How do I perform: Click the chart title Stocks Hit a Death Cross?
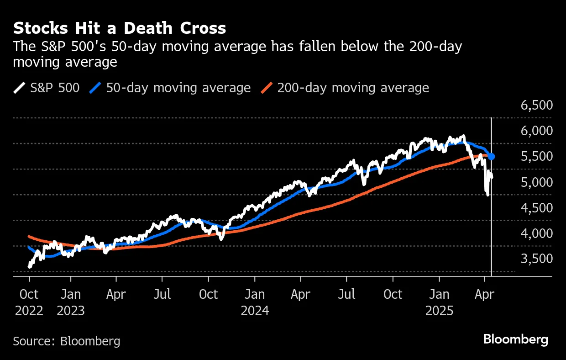pyautogui.click(x=120, y=28)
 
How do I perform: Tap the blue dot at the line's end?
pyautogui.click(x=492, y=157)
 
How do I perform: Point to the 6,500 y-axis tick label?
pyautogui.click(x=537, y=106)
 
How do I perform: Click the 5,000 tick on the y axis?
pyautogui.click(x=537, y=182)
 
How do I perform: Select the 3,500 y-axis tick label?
pyautogui.click(x=537, y=259)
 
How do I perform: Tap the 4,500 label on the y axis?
pyautogui.click(x=537, y=208)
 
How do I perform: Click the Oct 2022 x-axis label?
pyautogui.click(x=29, y=302)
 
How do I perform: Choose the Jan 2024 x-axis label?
pyautogui.click(x=255, y=302)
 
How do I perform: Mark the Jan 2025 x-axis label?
pyautogui.click(x=439, y=302)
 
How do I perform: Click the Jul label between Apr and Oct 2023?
pyautogui.click(x=163, y=294)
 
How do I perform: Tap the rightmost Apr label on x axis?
pyautogui.click(x=484, y=294)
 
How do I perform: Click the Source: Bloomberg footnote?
pyautogui.click(x=67, y=341)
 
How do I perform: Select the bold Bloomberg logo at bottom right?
pyautogui.click(x=516, y=339)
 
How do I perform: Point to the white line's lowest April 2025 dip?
pyautogui.click(x=488, y=195)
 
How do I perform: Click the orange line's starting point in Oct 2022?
pyautogui.click(x=29, y=236)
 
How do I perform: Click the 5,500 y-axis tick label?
pyautogui.click(x=537, y=157)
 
